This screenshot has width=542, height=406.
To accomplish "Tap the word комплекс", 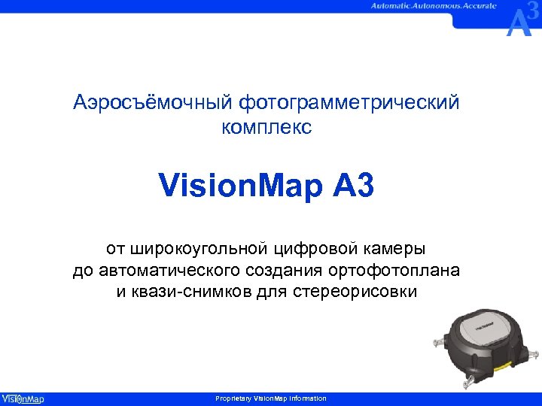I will (266, 128).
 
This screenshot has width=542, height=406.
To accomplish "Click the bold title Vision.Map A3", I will (266, 186).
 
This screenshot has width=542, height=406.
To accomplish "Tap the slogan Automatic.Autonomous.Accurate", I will (433, 6).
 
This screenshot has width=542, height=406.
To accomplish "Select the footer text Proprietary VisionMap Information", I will (271, 398).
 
